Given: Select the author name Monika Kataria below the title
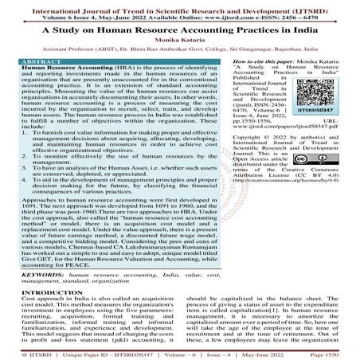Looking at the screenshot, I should coord(180,45).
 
